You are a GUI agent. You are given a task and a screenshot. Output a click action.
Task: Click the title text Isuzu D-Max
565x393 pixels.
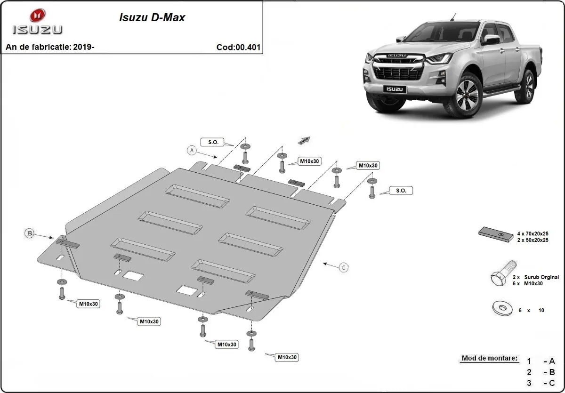151,18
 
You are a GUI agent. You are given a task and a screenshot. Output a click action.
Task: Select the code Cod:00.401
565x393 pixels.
238,47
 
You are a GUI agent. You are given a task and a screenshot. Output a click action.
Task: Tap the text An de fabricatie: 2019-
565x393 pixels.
50,47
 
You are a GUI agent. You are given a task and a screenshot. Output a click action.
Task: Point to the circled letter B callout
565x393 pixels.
30,233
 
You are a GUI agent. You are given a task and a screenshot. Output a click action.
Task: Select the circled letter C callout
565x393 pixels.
344,267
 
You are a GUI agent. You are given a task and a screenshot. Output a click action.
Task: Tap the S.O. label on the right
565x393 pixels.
401,191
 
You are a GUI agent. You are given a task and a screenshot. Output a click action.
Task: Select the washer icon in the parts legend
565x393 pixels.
502,309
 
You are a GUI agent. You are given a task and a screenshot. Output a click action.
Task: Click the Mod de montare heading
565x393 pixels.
489,358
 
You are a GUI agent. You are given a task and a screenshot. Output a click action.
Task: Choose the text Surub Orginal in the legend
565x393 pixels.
544,277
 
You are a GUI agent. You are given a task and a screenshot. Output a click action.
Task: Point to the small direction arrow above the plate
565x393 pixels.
304,140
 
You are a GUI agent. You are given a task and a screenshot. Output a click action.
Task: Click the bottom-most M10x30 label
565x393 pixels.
287,357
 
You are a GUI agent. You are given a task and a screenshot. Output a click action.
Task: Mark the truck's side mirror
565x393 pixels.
490,40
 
